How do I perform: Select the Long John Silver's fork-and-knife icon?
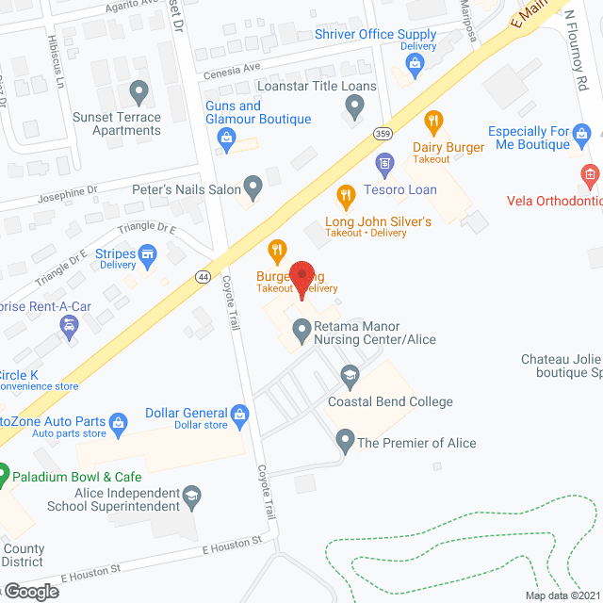coord(346,196)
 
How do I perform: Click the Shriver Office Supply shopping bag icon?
coord(414,64)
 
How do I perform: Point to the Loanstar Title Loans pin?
coord(354,109)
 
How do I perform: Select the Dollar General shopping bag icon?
coord(239,413)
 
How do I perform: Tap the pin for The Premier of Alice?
coord(345,440)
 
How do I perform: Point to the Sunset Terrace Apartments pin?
coord(139,93)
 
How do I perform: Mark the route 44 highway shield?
coord(204,276)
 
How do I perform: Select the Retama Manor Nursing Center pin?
coord(301,330)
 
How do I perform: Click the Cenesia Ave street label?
coord(232,69)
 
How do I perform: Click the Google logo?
coord(31,591)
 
